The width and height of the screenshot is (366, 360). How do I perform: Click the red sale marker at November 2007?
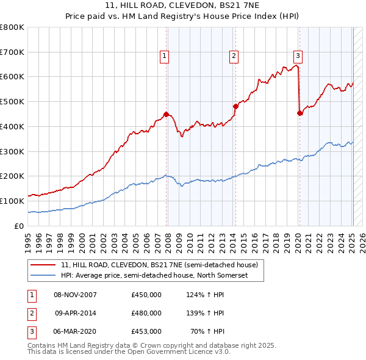(166, 113)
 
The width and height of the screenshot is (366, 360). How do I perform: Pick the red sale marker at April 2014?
(235, 106)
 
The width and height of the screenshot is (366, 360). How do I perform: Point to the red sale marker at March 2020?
(300, 113)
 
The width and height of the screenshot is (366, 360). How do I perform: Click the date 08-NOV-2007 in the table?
(76, 295)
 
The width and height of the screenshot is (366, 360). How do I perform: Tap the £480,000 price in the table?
(146, 313)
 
